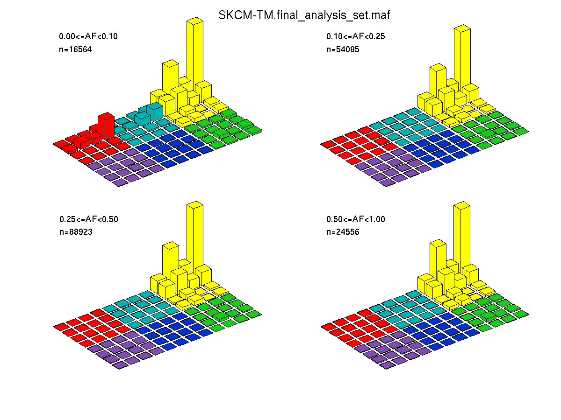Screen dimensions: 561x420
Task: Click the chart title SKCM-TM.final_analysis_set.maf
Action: coord(304,15)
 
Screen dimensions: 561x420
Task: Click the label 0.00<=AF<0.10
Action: coord(88,36)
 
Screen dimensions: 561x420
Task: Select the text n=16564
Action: coord(75,49)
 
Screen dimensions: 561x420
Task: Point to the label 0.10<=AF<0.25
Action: coord(355,36)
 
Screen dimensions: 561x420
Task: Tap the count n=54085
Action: coord(343,49)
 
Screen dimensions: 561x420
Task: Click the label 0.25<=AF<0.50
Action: coord(89,219)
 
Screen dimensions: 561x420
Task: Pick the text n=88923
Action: coord(76,232)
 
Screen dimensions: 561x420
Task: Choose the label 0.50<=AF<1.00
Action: coord(355,219)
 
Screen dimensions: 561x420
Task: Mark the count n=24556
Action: coord(343,232)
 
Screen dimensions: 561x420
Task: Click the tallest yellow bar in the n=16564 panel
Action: coord(195,54)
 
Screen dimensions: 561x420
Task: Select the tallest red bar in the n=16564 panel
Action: coord(106,126)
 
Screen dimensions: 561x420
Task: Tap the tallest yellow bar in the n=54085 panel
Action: coord(462,59)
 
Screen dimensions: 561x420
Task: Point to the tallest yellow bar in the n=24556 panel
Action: coord(462,237)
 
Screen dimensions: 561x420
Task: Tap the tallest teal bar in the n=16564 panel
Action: coord(155,112)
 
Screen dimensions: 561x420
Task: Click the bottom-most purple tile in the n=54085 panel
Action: coord(387,182)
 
